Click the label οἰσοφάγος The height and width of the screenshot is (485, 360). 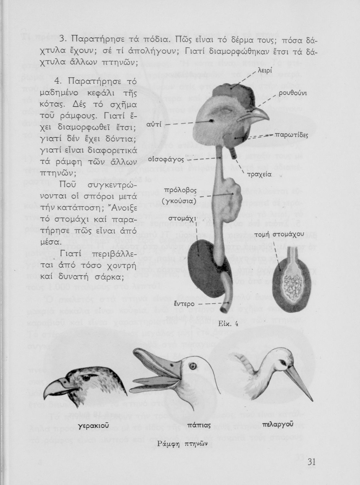click(166, 160)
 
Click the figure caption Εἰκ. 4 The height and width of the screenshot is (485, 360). click(228, 324)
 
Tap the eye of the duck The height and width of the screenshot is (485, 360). click(194, 366)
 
